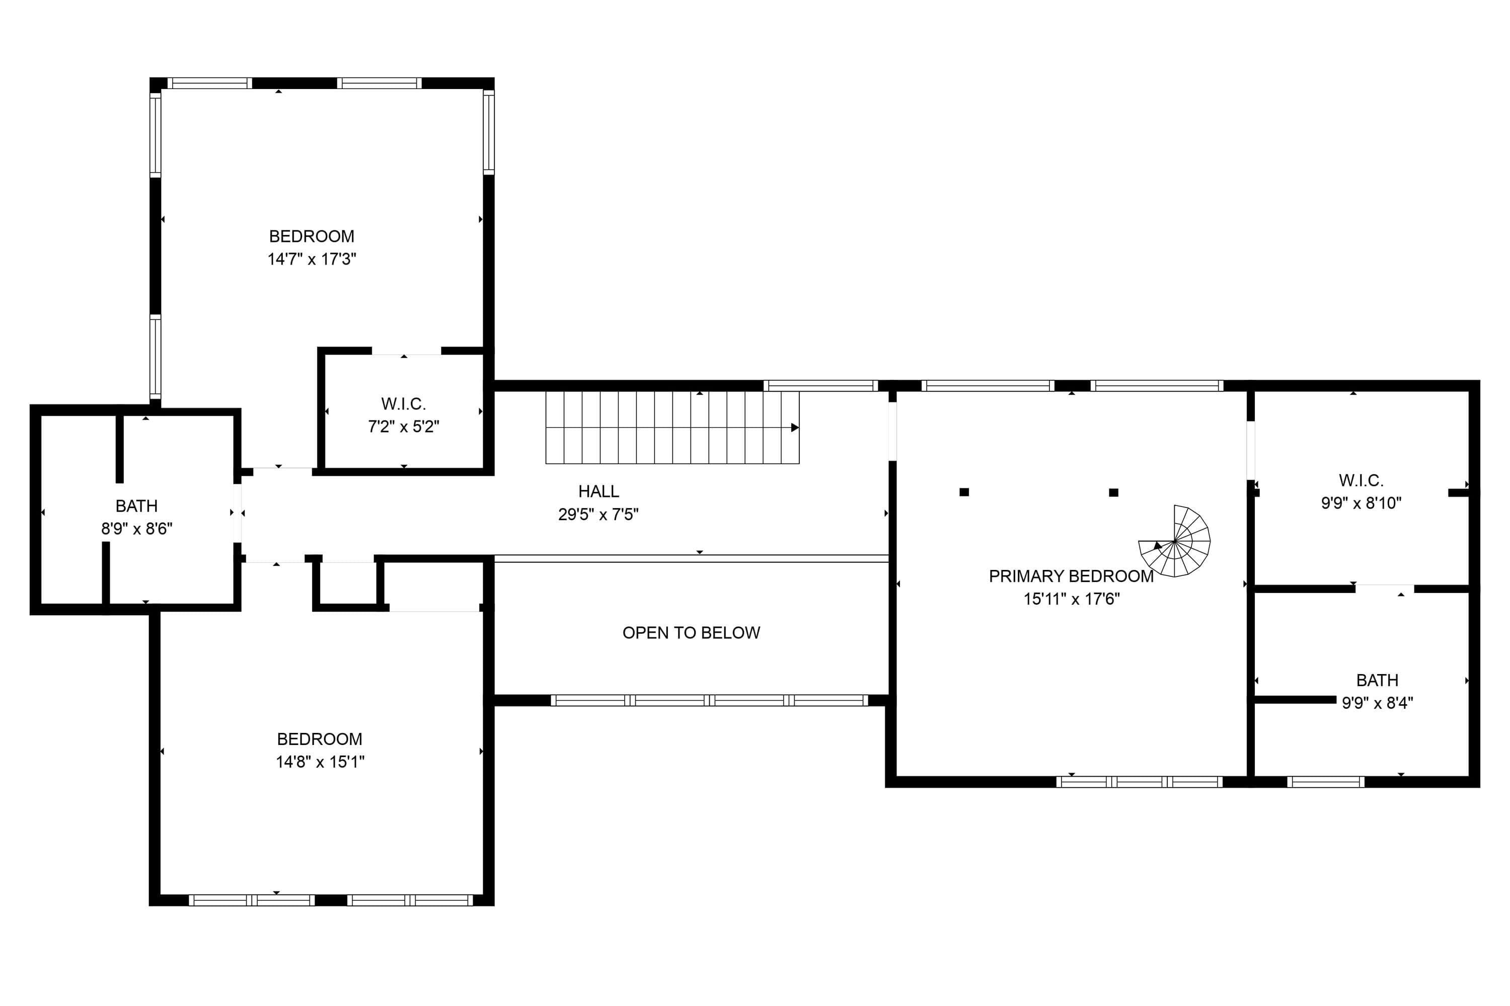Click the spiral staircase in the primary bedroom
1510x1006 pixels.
1174,541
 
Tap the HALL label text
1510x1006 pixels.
598,491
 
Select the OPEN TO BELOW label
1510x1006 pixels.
691,633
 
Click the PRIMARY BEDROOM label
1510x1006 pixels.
1071,576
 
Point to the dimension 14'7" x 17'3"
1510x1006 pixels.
312,259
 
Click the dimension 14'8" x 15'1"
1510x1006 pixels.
320,762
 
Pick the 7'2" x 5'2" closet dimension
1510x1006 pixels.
403,427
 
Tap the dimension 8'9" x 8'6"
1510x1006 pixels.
137,529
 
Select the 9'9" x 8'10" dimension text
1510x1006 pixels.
1361,503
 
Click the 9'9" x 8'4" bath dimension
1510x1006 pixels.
1378,703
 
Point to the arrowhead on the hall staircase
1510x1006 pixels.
795,427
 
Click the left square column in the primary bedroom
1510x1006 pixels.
964,492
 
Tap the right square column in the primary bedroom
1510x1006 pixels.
1113,493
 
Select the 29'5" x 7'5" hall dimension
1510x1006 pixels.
598,515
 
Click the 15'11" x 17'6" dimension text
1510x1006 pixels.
1072,599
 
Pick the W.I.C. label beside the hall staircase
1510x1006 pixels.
403,404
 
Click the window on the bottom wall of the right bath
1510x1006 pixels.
1325,782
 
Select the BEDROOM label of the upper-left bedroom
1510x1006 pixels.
312,236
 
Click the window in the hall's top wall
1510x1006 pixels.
820,386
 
